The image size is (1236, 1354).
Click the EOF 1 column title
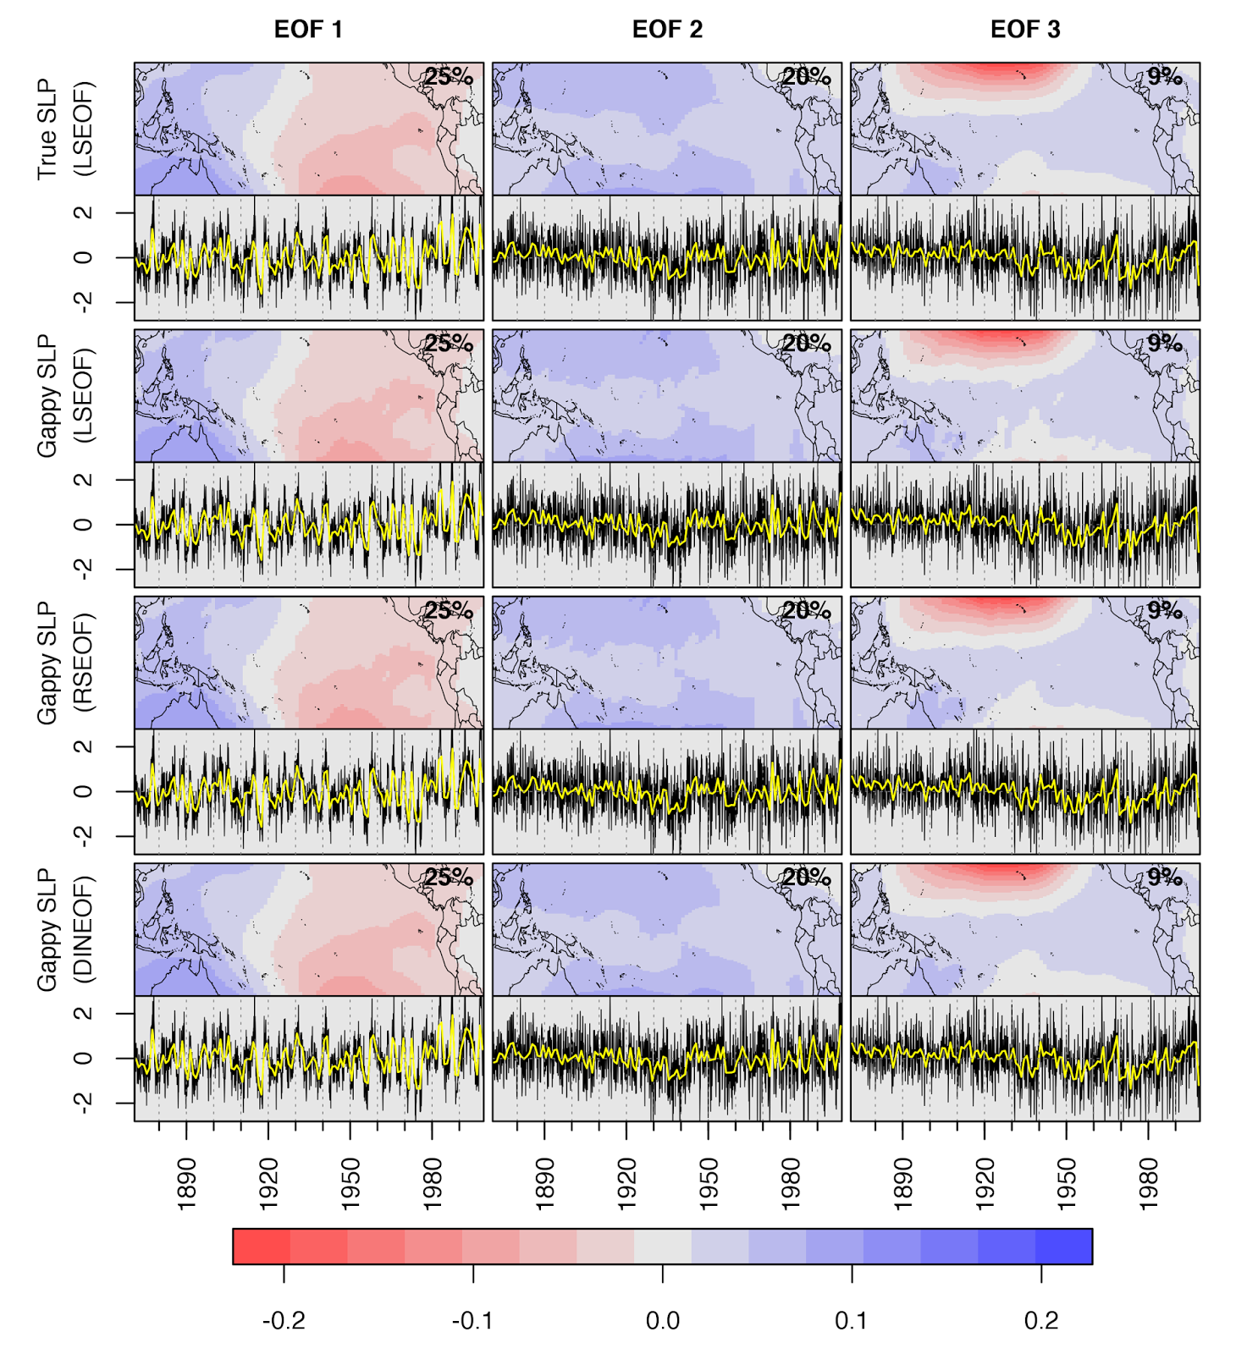point(308,30)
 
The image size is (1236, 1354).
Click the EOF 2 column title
point(667,30)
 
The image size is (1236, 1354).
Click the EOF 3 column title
point(1025,30)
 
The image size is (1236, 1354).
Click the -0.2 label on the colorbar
point(284,1321)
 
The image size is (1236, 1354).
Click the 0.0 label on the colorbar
point(662,1321)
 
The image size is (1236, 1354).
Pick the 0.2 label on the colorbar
point(1040,1321)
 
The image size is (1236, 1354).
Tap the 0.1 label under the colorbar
point(852,1321)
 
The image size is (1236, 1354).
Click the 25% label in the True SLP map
point(449,77)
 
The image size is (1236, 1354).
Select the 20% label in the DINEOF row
point(806,878)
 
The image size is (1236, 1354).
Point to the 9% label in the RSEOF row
point(1165,610)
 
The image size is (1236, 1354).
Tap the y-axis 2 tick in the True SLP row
point(83,212)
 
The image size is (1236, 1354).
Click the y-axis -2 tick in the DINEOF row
point(83,1103)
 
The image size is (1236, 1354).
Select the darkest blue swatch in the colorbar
point(1063,1247)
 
